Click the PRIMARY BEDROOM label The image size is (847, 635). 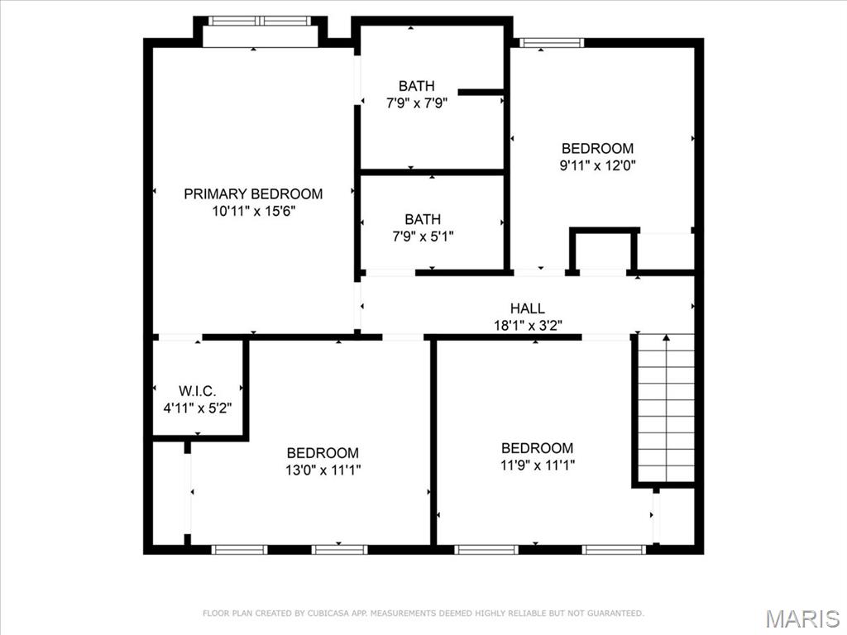[253, 193]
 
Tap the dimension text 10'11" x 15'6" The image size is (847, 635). [253, 211]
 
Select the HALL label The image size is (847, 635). [527, 308]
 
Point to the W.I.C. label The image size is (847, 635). [198, 389]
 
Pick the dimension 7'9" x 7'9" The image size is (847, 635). [416, 103]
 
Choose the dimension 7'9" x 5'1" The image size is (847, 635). [422, 236]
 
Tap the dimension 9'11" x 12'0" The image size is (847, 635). [597, 165]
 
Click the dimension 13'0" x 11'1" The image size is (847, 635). [323, 470]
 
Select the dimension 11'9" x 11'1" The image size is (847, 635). [537, 465]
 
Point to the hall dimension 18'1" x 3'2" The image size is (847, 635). [527, 325]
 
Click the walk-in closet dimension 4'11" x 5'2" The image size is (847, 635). [198, 407]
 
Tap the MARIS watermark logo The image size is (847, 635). [802, 618]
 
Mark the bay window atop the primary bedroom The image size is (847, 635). [260, 21]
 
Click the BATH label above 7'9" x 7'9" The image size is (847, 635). [416, 86]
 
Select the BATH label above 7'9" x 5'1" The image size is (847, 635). [422, 219]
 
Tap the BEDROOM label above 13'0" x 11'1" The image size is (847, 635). [323, 452]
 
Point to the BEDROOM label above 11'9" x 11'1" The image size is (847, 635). [537, 447]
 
